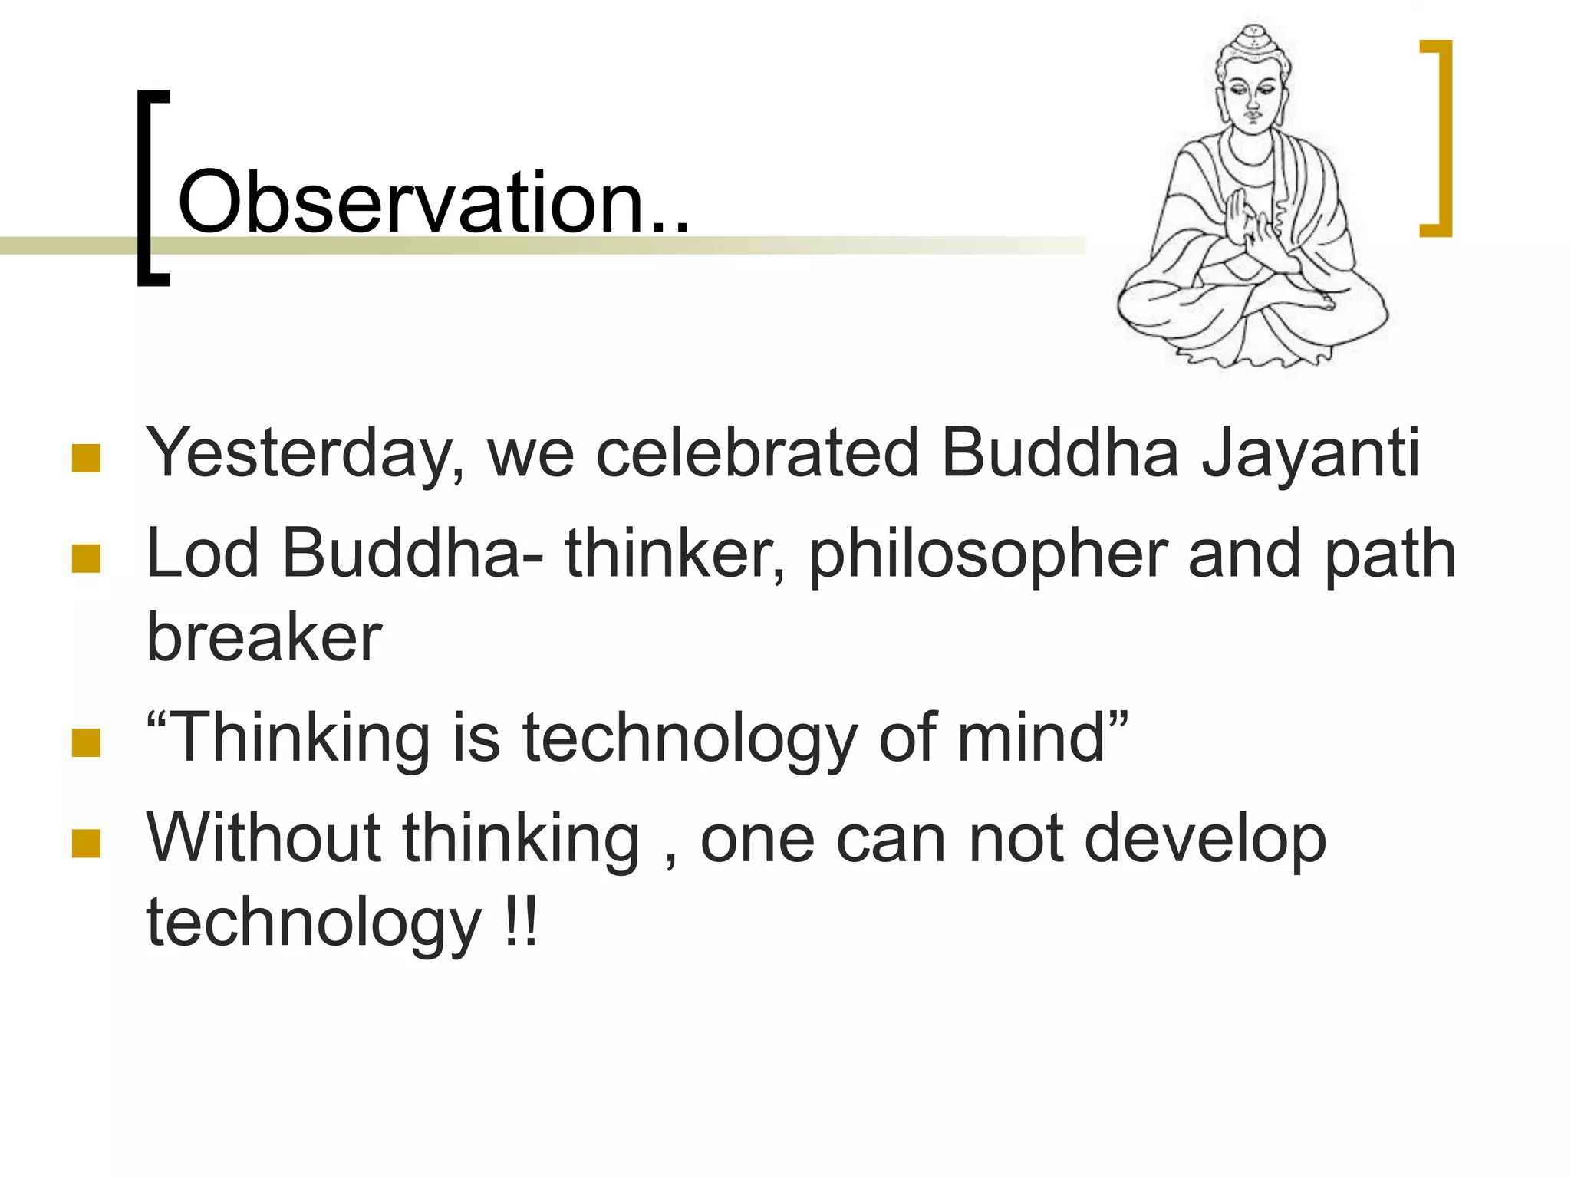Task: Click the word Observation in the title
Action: pyautogui.click(x=410, y=203)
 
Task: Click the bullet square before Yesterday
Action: pyautogui.click(x=86, y=458)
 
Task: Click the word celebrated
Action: pyautogui.click(x=756, y=452)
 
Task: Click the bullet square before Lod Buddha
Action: pyautogui.click(x=86, y=558)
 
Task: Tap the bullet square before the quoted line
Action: pyautogui.click(x=86, y=742)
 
